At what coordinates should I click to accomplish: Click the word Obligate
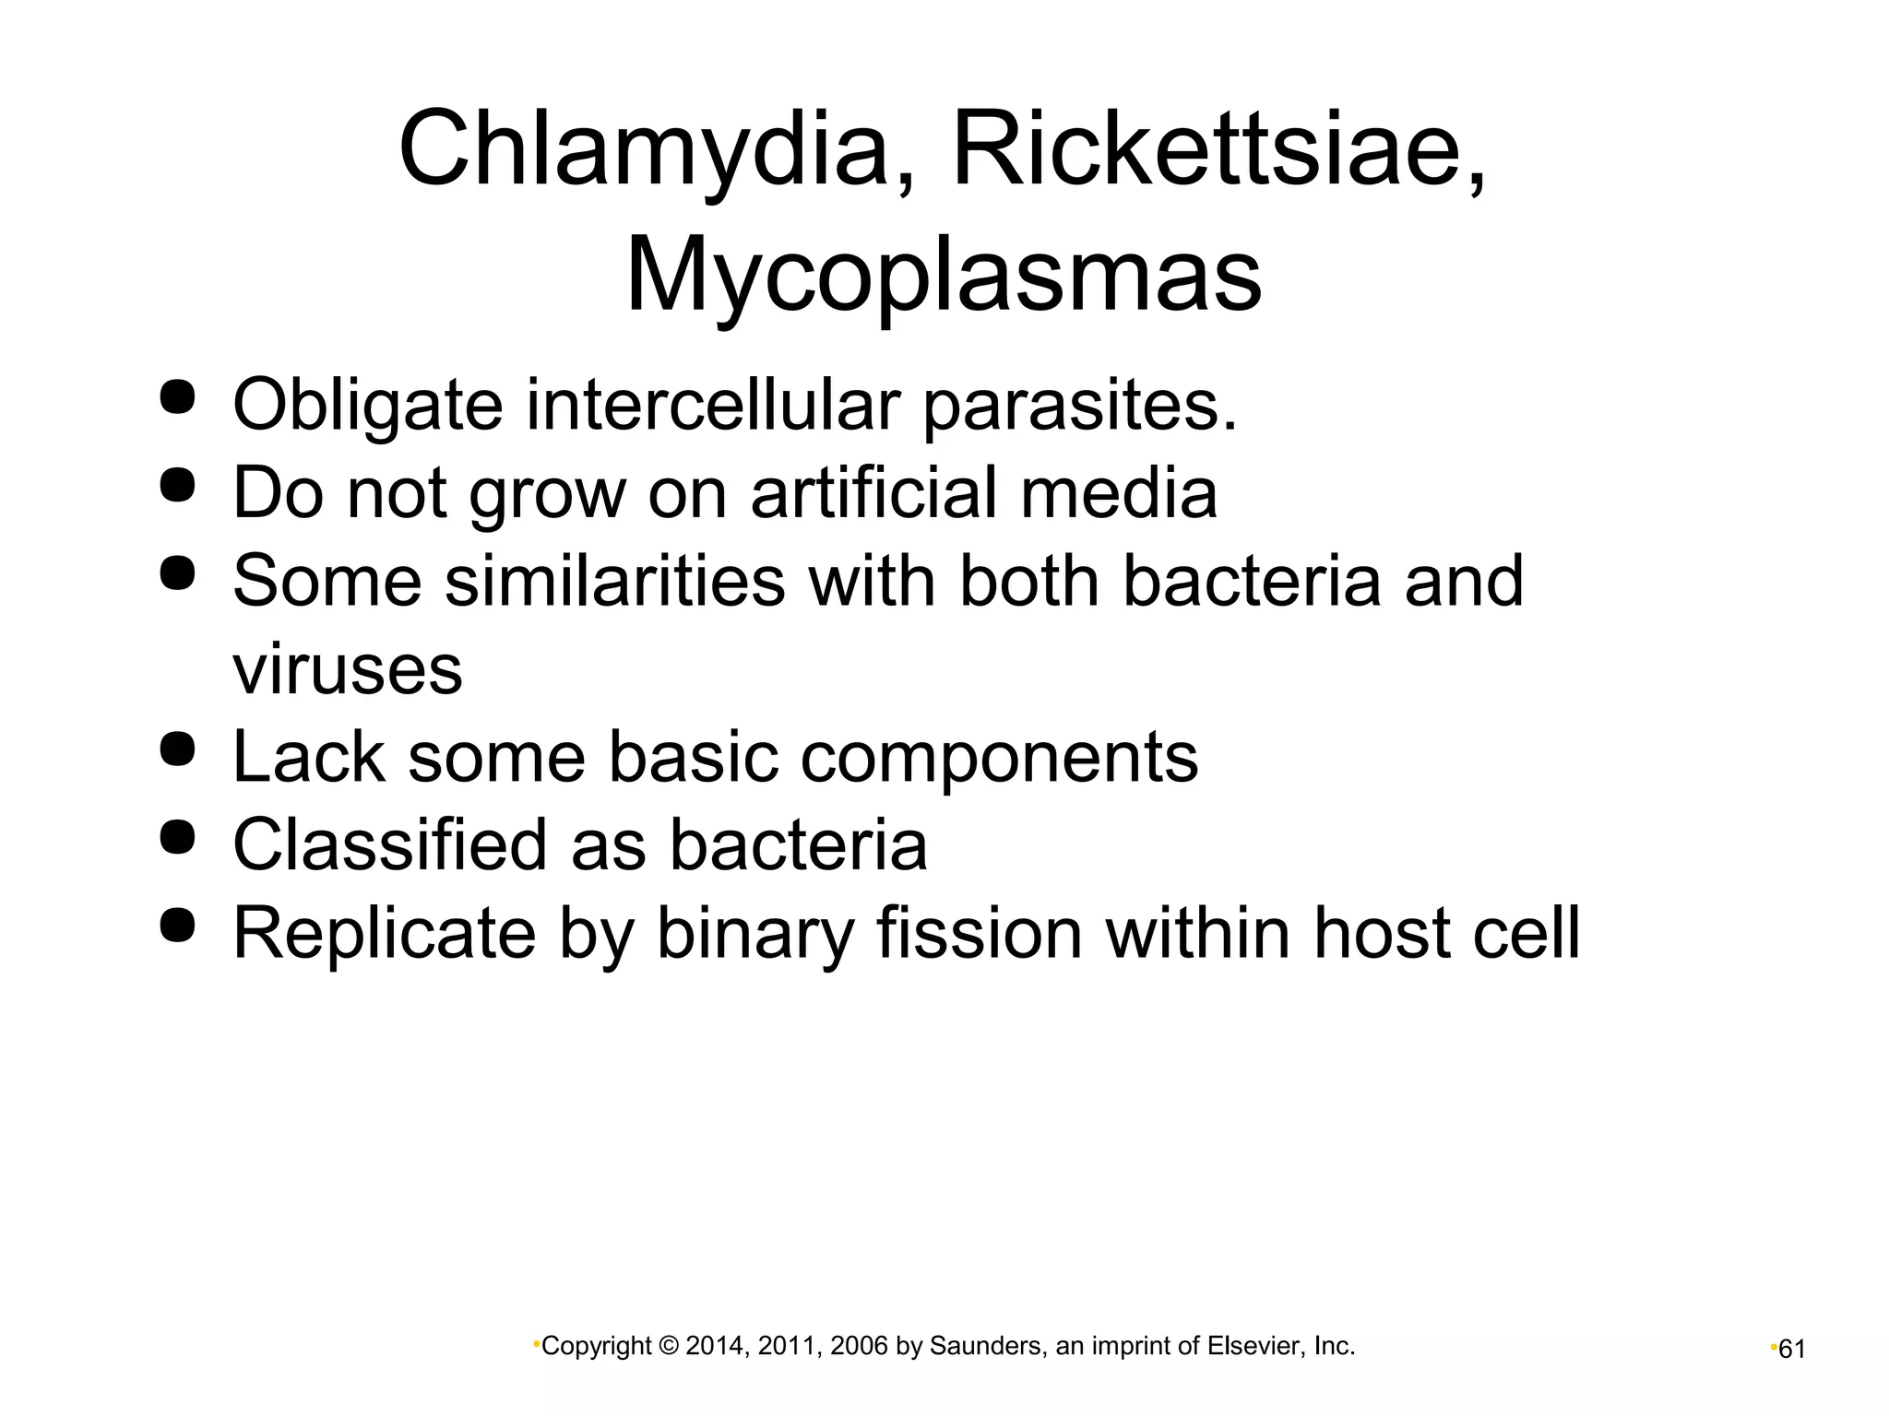tap(367, 406)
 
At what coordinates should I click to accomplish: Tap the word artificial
tap(873, 492)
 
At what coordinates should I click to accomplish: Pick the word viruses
tap(347, 669)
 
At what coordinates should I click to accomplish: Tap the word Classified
tap(389, 845)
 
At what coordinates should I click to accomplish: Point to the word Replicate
tap(384, 935)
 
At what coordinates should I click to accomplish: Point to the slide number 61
tap(1791, 1350)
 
